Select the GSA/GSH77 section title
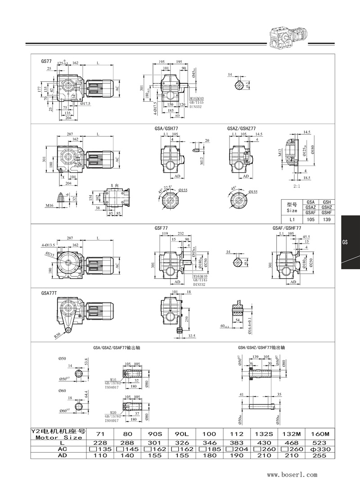[x=166, y=128]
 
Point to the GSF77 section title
[x=161, y=228]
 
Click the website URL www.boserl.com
[x=292, y=474]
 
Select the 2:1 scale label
[x=297, y=185]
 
